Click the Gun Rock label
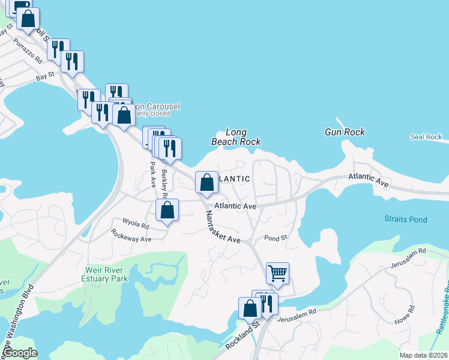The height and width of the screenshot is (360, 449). tap(345, 132)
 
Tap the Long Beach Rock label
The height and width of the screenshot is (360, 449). tap(236, 137)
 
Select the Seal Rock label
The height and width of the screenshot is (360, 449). tap(426, 137)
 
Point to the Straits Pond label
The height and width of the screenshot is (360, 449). tap(406, 220)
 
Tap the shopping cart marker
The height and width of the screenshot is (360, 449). tap(277, 274)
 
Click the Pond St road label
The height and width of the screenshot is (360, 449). tap(276, 238)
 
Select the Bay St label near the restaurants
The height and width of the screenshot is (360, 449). tap(45, 76)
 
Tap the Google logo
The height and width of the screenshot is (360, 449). tap(21, 353)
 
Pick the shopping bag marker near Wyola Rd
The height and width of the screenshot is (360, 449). tap(167, 211)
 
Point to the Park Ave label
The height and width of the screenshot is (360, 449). tap(153, 173)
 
